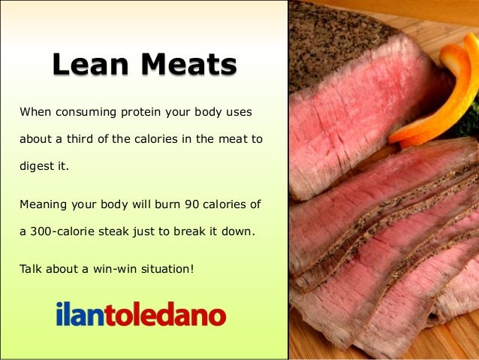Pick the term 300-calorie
[x=63, y=231]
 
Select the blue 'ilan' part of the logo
[x=79, y=313]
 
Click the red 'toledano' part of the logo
[x=164, y=313]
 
